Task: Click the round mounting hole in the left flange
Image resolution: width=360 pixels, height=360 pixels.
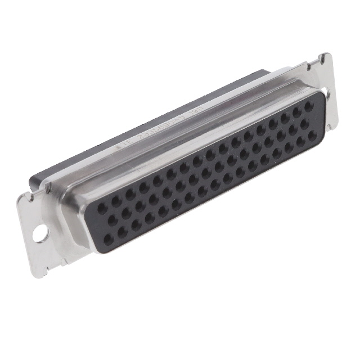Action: pos(40,233)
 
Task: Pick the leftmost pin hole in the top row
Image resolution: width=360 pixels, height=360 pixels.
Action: pos(102,208)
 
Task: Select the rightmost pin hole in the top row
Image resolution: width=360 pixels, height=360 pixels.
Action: pos(309,105)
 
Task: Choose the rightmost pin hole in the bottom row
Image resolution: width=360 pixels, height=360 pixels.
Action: pos(313,134)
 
